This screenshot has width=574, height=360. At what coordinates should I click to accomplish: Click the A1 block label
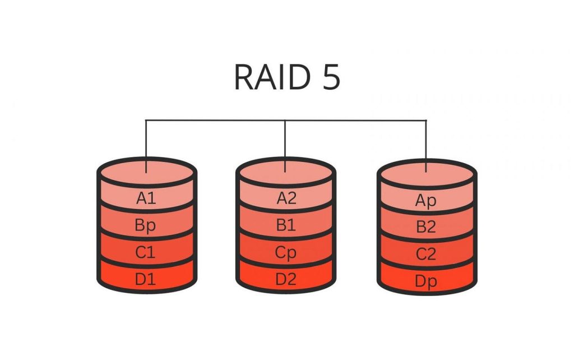coord(146,198)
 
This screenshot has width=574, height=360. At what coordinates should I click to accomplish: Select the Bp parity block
coord(146,225)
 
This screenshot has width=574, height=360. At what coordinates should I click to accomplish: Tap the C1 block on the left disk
coord(146,252)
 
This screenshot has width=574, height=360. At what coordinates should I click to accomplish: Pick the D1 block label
coord(146,279)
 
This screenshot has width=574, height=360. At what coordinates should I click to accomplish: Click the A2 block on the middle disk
coord(286,198)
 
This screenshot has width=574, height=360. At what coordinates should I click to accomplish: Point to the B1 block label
coord(286,225)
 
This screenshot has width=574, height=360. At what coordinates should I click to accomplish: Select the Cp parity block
coord(286,252)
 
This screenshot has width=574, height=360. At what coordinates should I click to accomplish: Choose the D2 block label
coord(286,279)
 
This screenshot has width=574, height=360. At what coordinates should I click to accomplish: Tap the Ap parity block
coord(426,201)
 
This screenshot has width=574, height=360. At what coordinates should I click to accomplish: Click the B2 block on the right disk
coord(426,228)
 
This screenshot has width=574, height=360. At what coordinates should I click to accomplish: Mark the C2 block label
coord(426,255)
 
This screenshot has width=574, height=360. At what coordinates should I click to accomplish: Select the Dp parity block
coord(426,281)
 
